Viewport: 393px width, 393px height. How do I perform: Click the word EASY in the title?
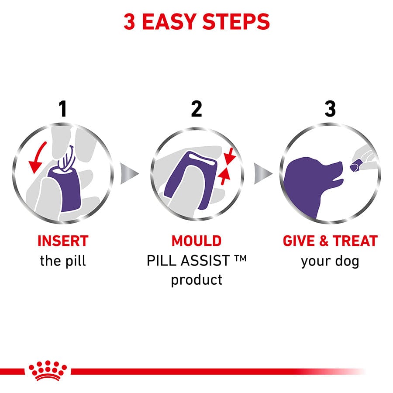click(169, 21)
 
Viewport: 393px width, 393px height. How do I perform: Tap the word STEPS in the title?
click(236, 21)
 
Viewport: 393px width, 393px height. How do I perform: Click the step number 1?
click(62, 109)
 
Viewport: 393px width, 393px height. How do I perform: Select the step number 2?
click(196, 109)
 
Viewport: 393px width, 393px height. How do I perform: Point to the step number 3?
click(330, 109)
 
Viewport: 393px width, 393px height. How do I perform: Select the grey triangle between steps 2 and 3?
click(263, 173)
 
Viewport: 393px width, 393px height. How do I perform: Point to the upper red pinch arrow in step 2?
click(230, 156)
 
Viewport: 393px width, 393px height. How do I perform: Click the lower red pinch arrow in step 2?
click(224, 176)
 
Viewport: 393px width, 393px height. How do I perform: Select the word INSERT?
click(63, 241)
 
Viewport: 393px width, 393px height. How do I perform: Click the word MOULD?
click(196, 241)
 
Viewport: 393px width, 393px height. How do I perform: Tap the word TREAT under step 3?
click(355, 241)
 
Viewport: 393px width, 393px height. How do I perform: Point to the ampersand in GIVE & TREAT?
click(324, 241)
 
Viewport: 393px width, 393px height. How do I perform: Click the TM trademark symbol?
click(241, 258)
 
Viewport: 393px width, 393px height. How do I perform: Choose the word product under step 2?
click(196, 280)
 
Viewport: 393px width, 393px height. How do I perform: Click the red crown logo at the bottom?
click(48, 371)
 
